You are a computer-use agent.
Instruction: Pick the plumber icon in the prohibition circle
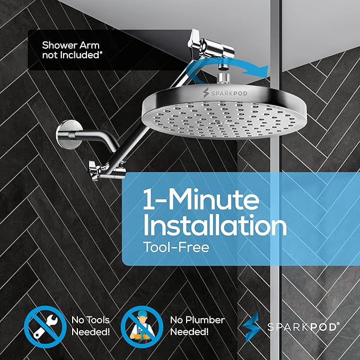[x=141, y=326]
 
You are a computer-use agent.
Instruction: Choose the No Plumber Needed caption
[x=197, y=326]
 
